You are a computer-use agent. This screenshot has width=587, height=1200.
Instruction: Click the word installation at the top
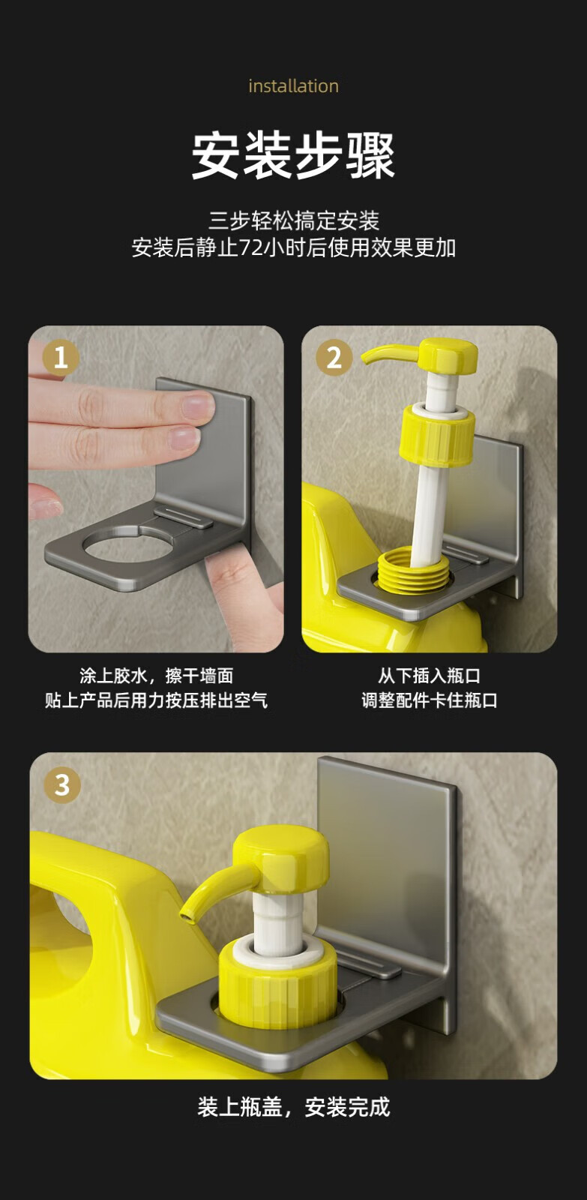point(294,86)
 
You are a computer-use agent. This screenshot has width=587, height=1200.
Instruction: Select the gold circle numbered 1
point(61,357)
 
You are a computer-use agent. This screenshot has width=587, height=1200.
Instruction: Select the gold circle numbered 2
point(334,357)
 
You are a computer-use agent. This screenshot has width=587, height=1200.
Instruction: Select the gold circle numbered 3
point(62,785)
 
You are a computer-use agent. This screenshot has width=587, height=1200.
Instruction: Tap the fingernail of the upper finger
point(198,406)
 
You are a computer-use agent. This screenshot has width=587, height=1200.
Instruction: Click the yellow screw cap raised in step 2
point(437,435)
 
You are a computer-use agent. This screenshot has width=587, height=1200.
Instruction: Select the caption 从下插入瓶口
point(429,676)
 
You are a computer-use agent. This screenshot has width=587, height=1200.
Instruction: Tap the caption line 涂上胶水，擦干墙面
point(157,676)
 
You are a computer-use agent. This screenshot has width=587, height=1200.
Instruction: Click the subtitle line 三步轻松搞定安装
point(294,220)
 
